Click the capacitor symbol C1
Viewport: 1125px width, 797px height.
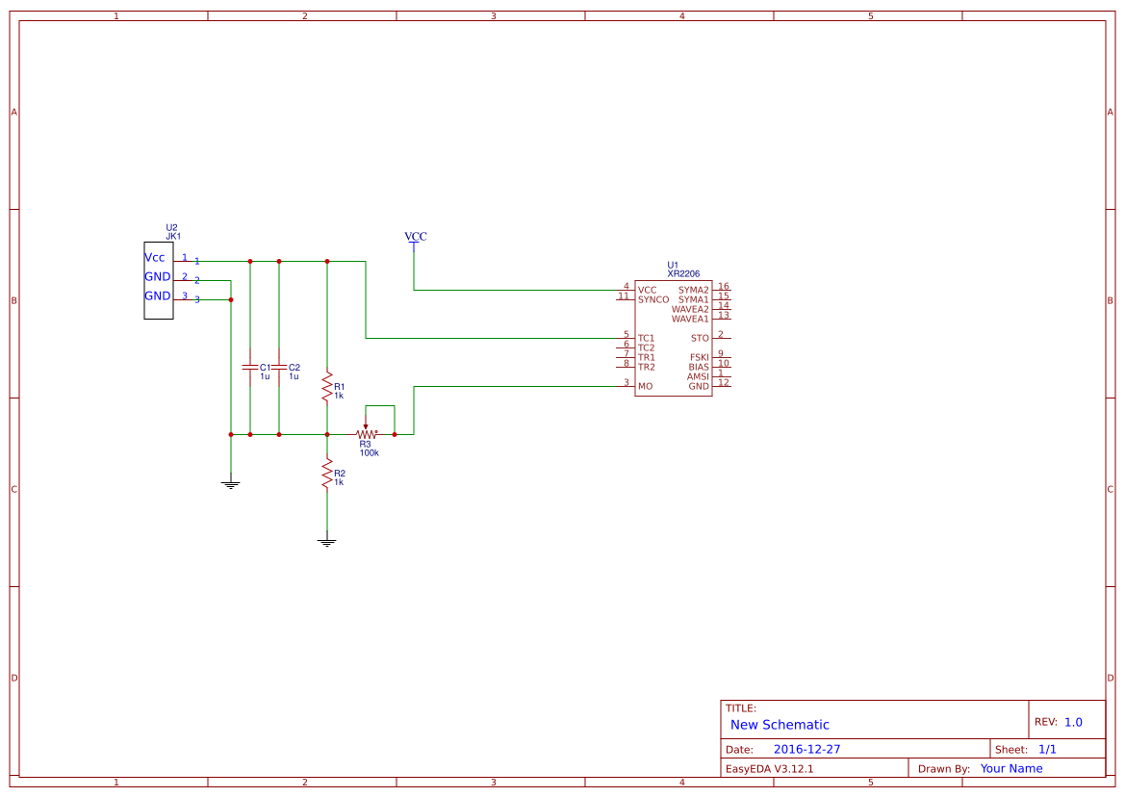[250, 367]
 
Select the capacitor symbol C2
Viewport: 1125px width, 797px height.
[279, 367]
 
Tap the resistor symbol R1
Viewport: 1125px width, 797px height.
[327, 387]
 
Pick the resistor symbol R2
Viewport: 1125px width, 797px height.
[327, 474]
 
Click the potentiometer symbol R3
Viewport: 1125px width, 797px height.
[366, 433]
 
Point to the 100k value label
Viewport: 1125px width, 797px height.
[369, 452]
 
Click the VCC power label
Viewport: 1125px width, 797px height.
[415, 237]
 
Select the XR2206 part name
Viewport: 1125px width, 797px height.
[683, 273]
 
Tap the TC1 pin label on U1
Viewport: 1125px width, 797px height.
[646, 338]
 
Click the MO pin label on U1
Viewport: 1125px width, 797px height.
[645, 386]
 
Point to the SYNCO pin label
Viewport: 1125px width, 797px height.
[653, 299]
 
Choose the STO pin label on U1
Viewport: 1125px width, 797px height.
[700, 338]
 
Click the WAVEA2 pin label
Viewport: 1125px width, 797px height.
[690, 309]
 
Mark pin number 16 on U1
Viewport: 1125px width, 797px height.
[724, 286]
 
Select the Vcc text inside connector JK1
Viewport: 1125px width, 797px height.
[155, 257]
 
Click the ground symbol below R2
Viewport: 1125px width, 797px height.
[327, 542]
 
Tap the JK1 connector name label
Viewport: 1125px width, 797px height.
[173, 236]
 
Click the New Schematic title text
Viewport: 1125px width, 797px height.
[780, 725]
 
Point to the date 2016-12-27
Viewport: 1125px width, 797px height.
[806, 749]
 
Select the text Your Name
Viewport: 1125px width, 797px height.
[1011, 768]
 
